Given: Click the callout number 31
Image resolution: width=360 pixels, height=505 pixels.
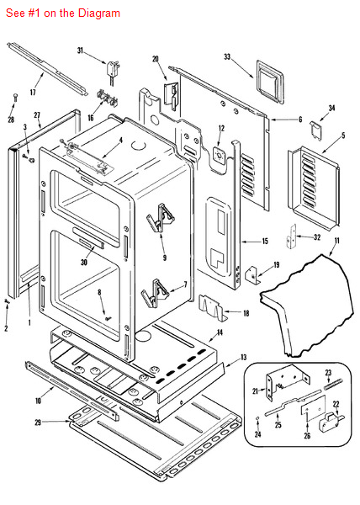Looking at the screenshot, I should coord(82,52).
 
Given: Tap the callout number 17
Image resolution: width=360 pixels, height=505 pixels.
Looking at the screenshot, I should coord(34,92).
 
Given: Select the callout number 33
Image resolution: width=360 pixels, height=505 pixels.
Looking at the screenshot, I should coord(227,56).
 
